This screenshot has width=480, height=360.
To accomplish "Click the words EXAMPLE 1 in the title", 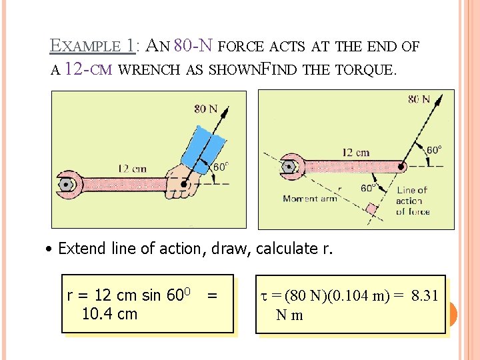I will pos(91,46).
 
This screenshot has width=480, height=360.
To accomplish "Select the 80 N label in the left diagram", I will pos(205,108).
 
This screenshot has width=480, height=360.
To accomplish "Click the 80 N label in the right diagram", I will pos(419,99).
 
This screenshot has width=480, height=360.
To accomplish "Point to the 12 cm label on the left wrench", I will pos(132,169).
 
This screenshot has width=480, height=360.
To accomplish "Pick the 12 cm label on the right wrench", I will pos(355,153).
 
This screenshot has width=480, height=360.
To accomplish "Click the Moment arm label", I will pos(309,198).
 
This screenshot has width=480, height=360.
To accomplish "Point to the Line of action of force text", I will pos(413,201).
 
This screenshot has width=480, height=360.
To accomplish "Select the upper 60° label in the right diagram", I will pos(433,150).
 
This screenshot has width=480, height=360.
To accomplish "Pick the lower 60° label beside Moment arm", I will pos(367,189).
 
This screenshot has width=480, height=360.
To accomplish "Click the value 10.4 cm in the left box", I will pos(109,313).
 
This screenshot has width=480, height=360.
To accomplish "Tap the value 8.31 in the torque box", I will pos(425,295).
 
